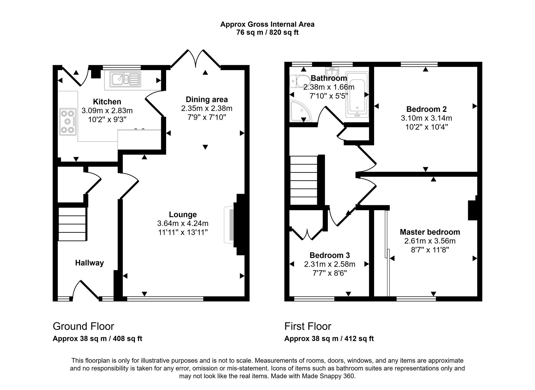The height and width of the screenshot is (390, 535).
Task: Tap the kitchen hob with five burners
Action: (68, 122)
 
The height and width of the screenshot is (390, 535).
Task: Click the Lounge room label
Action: (183, 215)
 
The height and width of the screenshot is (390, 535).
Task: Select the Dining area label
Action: (207, 100)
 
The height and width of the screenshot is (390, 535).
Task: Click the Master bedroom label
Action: (430, 232)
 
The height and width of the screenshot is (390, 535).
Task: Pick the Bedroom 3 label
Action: (329, 255)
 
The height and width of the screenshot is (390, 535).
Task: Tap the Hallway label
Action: (89, 263)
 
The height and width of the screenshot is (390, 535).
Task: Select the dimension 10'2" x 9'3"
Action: (107, 119)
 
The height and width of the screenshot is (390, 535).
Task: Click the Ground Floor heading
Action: (83, 326)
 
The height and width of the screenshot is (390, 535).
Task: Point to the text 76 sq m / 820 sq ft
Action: (267, 32)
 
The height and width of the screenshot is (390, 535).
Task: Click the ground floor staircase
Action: (72, 224)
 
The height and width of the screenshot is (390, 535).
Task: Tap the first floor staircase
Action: (304, 180)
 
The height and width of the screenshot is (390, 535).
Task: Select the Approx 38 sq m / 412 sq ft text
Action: (329, 339)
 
